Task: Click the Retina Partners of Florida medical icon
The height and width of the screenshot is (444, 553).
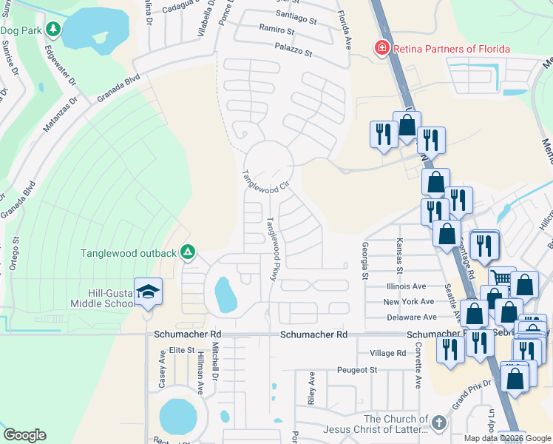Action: tap(381, 49)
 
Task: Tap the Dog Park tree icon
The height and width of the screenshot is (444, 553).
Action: tap(52, 30)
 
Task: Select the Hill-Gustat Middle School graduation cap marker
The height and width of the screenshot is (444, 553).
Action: tap(148, 292)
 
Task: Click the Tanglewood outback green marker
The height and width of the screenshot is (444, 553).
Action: tap(188, 253)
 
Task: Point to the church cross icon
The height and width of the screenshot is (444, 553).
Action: tap(438, 423)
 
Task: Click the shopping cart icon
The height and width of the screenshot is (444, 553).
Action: tap(502, 277)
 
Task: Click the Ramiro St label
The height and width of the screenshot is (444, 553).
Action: tap(276, 31)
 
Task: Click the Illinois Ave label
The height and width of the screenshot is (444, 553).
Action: tap(406, 286)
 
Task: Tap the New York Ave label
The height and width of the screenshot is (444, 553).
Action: tap(408, 302)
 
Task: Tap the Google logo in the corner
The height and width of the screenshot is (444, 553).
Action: tap(24, 435)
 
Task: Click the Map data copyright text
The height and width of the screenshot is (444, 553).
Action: tap(507, 438)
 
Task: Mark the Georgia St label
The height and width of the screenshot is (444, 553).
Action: tap(364, 260)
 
